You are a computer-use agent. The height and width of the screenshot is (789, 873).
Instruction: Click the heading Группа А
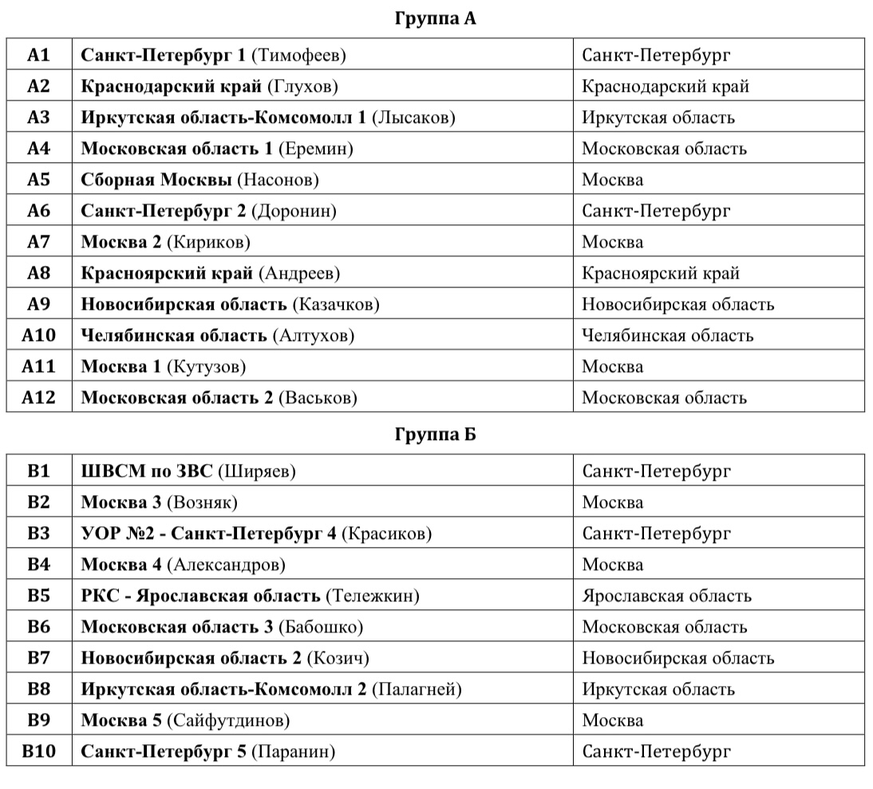tap(435, 18)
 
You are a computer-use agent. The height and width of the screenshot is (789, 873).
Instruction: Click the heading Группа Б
tap(435, 434)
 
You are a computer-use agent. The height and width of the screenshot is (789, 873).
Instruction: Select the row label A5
tap(38, 180)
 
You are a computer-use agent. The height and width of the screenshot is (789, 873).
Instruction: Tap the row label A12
tap(38, 398)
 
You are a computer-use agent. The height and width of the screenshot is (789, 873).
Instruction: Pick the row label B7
tap(38, 658)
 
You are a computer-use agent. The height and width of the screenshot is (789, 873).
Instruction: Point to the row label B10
tap(38, 751)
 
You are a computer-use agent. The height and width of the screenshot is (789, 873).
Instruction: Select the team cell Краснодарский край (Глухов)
tap(210, 86)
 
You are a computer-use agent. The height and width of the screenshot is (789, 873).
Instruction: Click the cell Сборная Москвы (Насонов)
tap(200, 180)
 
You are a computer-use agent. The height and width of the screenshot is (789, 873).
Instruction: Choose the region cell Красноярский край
tap(661, 273)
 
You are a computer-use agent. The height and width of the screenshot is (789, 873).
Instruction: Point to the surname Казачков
tap(336, 304)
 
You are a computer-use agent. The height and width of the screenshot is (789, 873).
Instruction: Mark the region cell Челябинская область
tap(667, 335)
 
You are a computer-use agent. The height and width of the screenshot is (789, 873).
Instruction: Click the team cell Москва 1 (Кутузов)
tap(164, 367)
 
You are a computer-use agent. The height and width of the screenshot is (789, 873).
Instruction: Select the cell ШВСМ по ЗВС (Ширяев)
tap(188, 471)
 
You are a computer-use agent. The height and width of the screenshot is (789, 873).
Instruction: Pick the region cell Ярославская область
tap(666, 596)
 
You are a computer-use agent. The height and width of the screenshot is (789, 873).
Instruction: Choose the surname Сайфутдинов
tap(228, 720)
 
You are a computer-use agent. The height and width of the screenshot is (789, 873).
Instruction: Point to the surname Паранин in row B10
tap(293, 751)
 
